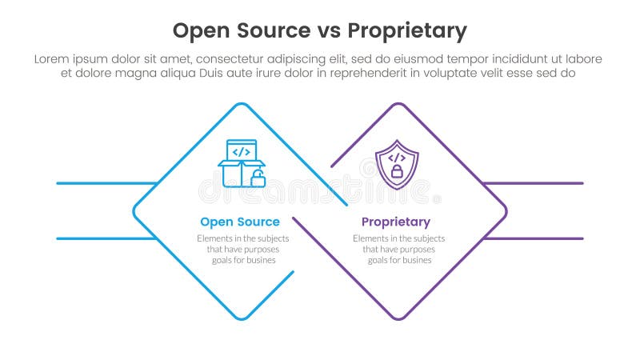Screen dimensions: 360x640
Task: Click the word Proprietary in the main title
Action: tap(406, 31)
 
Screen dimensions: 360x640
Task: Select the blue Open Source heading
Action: tap(240, 222)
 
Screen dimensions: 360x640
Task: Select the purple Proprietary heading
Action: tap(395, 222)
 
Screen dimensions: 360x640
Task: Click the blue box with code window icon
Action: tap(241, 163)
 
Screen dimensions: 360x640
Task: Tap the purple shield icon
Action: tap(397, 164)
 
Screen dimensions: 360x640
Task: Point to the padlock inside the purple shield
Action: tap(397, 171)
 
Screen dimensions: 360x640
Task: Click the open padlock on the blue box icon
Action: tap(258, 178)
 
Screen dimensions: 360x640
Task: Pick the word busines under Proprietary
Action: tap(414, 260)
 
